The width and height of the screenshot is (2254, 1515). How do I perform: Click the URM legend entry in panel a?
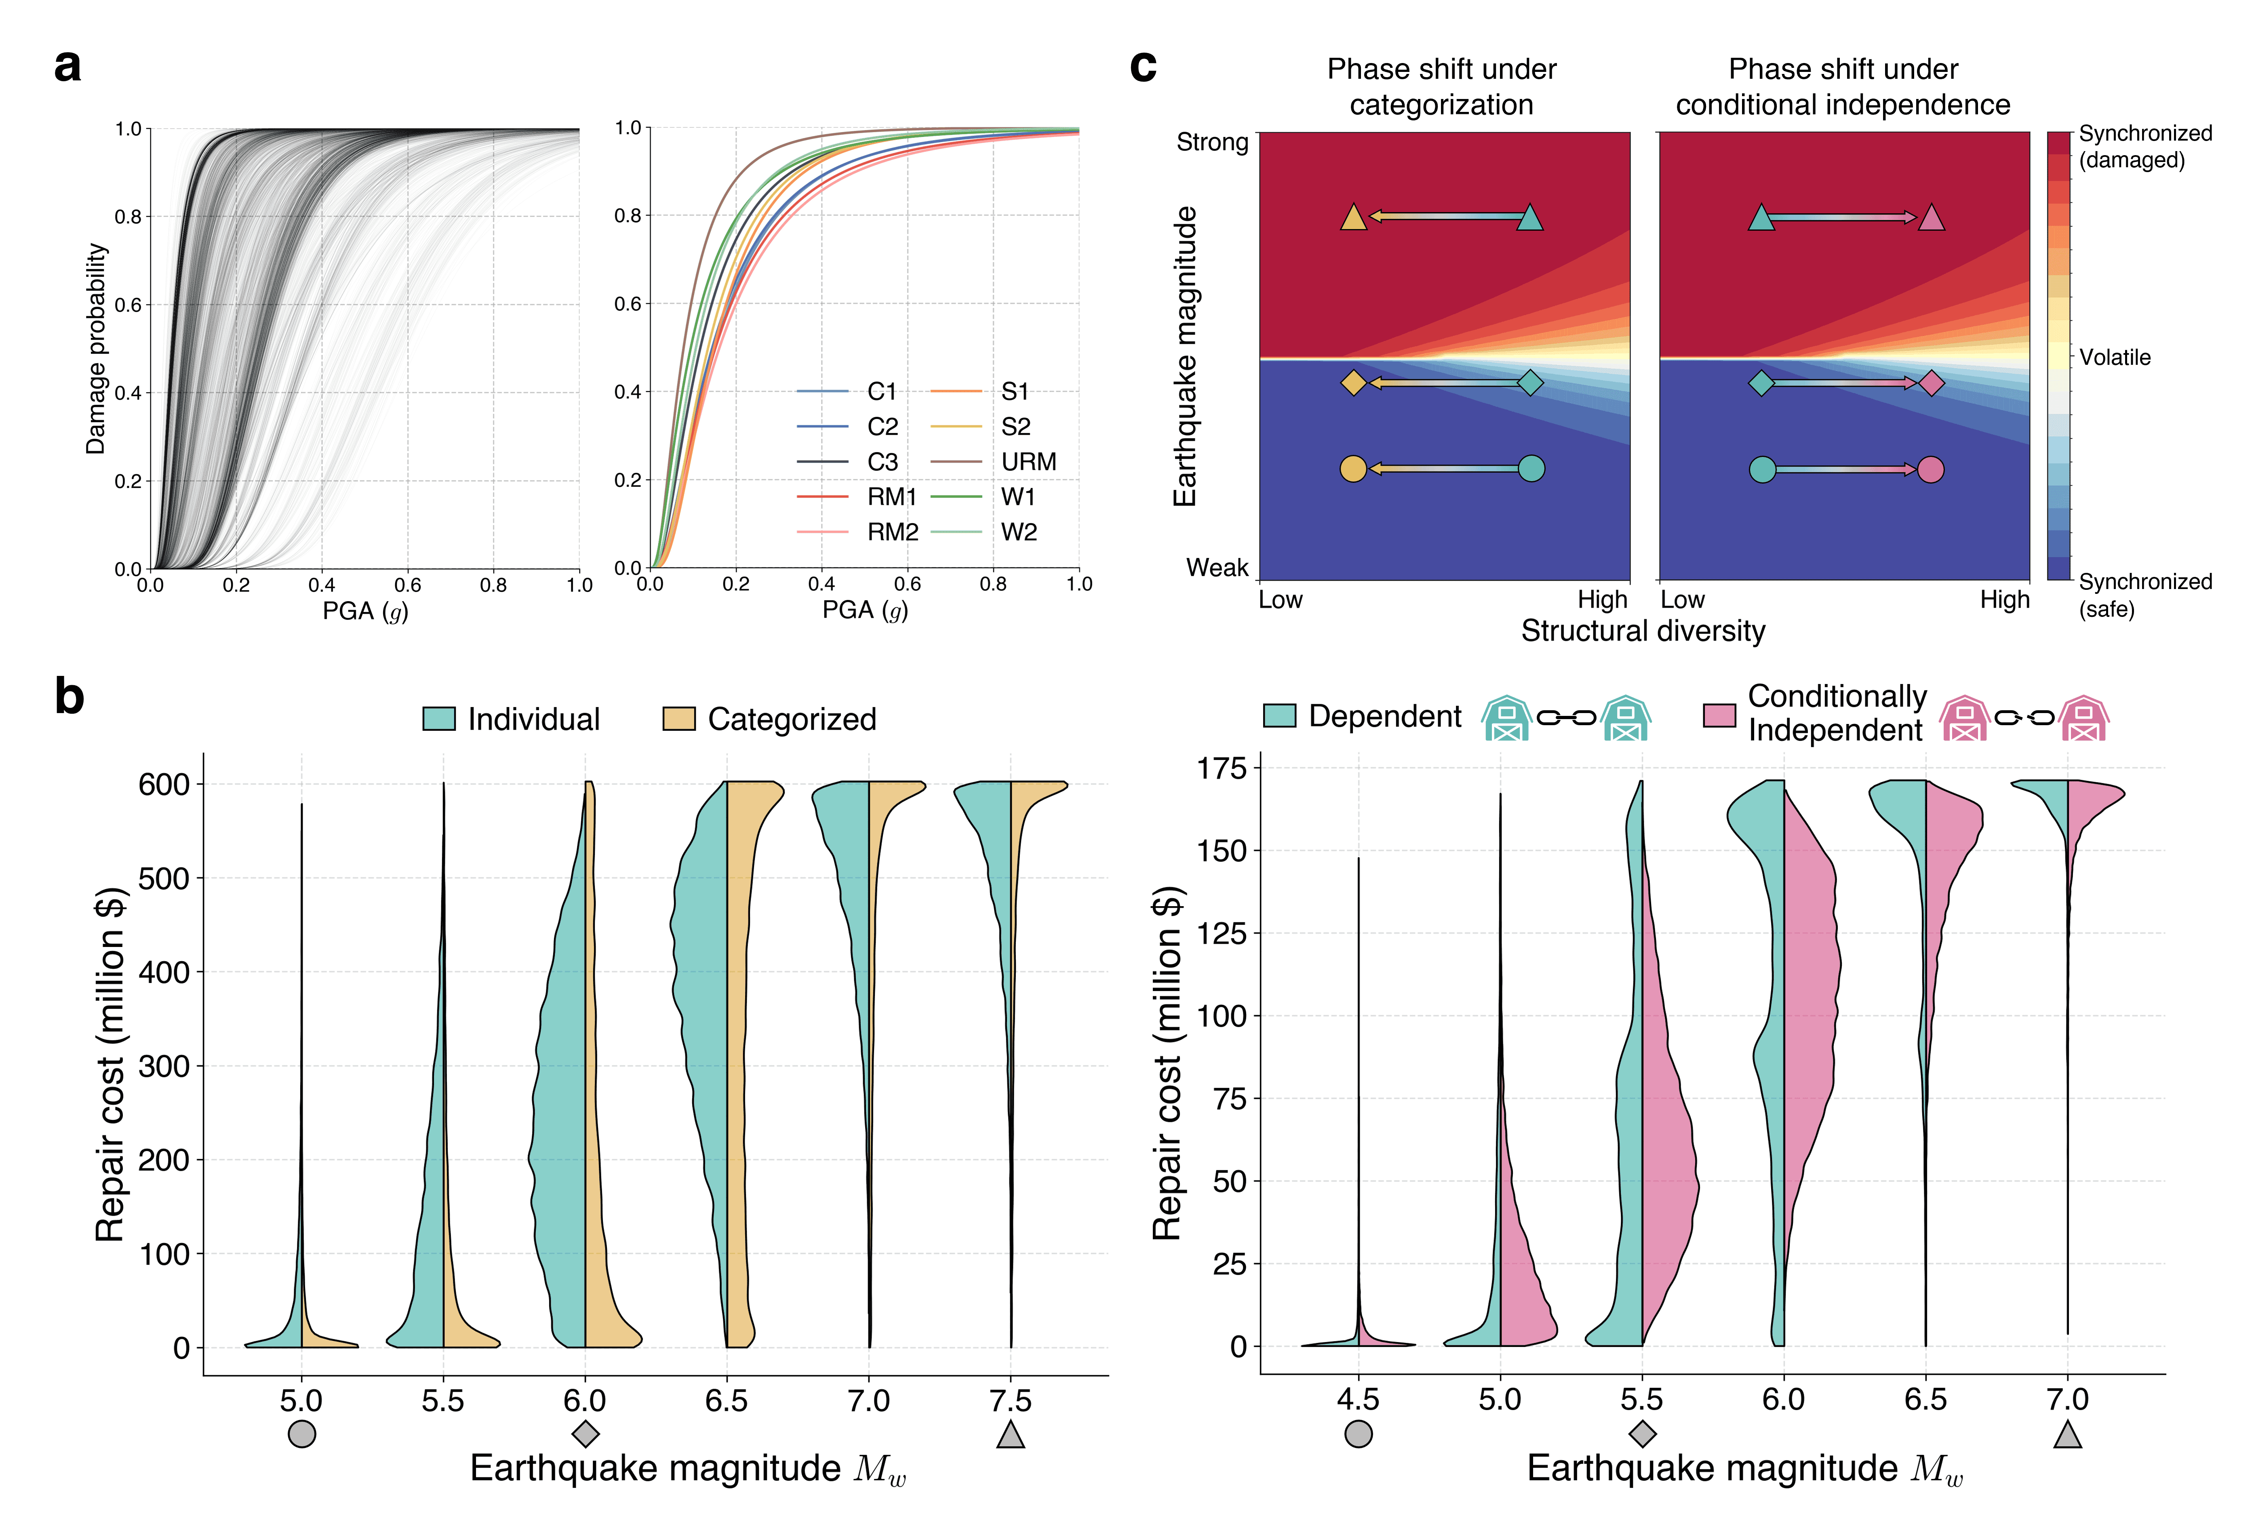(1028, 462)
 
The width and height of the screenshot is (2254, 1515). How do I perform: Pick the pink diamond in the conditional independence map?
(1930, 383)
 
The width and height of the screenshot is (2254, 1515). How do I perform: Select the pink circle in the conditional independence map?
(1930, 469)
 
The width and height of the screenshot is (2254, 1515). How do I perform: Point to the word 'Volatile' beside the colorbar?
(2115, 358)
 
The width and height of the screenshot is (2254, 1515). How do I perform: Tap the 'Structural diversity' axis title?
(1643, 631)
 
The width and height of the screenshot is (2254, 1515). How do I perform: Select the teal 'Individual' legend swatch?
(438, 719)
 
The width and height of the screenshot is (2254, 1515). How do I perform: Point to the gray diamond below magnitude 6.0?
(586, 1434)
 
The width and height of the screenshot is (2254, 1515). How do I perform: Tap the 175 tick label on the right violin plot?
(1222, 769)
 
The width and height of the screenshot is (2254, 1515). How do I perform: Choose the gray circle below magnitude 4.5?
(1359, 1434)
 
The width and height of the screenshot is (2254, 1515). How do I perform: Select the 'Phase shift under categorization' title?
(1441, 87)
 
